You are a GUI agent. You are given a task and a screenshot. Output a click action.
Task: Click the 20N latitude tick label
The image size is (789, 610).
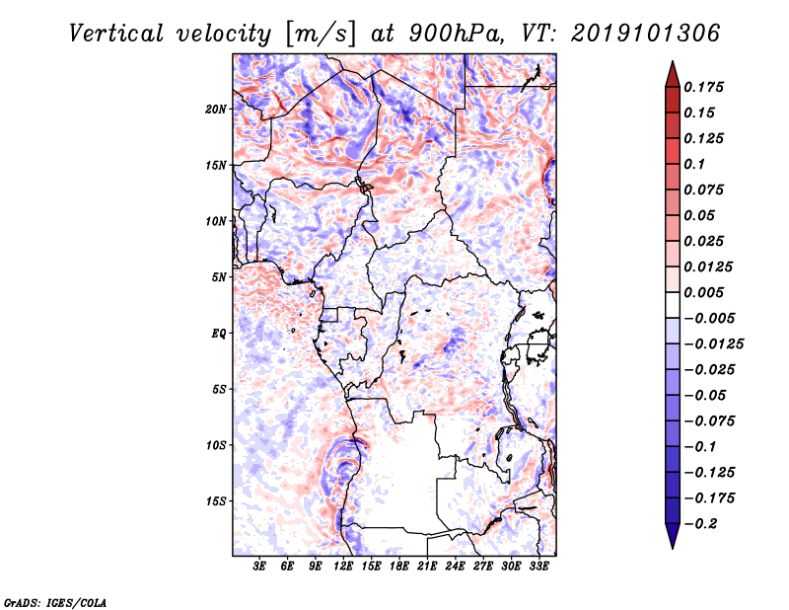coord(215,110)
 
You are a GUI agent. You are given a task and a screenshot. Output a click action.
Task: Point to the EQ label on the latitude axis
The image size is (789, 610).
coord(218,334)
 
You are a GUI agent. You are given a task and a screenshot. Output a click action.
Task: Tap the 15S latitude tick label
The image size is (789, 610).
coord(215,501)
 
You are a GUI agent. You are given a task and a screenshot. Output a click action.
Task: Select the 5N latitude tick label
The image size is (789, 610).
coord(218,277)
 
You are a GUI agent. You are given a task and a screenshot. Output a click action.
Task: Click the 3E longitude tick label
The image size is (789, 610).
coord(259,567)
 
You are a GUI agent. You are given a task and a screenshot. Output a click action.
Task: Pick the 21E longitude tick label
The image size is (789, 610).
coord(427,567)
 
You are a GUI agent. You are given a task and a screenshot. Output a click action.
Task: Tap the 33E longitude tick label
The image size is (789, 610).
coord(538,567)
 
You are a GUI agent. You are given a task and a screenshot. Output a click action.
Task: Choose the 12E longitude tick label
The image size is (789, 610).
coord(342,567)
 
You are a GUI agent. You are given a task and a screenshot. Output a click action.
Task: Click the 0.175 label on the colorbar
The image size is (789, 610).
coord(703,87)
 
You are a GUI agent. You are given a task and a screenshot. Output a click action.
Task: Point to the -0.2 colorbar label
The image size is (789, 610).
coord(701,524)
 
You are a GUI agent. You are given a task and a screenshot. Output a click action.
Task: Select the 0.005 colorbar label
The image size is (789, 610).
coord(703,292)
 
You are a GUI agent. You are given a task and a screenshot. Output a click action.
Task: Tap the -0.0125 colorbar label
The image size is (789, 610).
coord(713,344)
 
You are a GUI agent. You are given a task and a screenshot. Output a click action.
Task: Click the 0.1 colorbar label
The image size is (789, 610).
coord(694,164)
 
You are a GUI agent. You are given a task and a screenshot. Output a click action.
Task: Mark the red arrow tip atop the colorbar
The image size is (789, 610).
coord(673,61)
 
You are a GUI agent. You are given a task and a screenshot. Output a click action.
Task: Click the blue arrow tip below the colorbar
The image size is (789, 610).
coord(673,548)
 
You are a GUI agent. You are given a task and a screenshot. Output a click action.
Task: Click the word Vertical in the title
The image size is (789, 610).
coord(116,34)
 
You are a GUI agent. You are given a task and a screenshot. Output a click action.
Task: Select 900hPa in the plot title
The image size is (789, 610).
coord(457,34)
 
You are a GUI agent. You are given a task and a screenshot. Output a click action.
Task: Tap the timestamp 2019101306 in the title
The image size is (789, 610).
coord(646,34)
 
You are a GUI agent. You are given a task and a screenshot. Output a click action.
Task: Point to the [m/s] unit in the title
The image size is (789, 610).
coord(321,34)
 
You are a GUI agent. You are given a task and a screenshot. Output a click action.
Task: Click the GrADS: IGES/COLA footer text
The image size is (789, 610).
coord(55,602)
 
